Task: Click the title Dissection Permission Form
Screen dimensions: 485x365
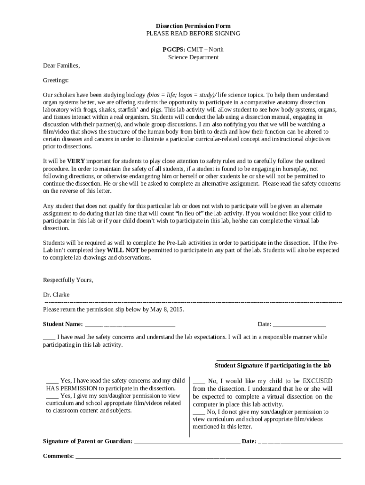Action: tap(193, 26)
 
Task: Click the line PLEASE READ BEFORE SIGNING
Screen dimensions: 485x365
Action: tap(193, 33)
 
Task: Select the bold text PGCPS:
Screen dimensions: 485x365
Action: tap(173, 49)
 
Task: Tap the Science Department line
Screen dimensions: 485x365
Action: tap(193, 57)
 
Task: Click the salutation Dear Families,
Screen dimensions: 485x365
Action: tap(61, 65)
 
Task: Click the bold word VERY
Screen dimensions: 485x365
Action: tap(76, 161)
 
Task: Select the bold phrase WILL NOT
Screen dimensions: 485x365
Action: tap(123, 250)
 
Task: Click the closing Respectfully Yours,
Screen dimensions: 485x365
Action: tap(68, 280)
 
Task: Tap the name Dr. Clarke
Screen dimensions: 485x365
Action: tap(56, 295)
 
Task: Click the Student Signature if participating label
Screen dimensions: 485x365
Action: tap(273, 366)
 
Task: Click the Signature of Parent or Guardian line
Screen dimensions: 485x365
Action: tap(187, 442)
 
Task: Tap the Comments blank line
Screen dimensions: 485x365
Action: tap(209, 458)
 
